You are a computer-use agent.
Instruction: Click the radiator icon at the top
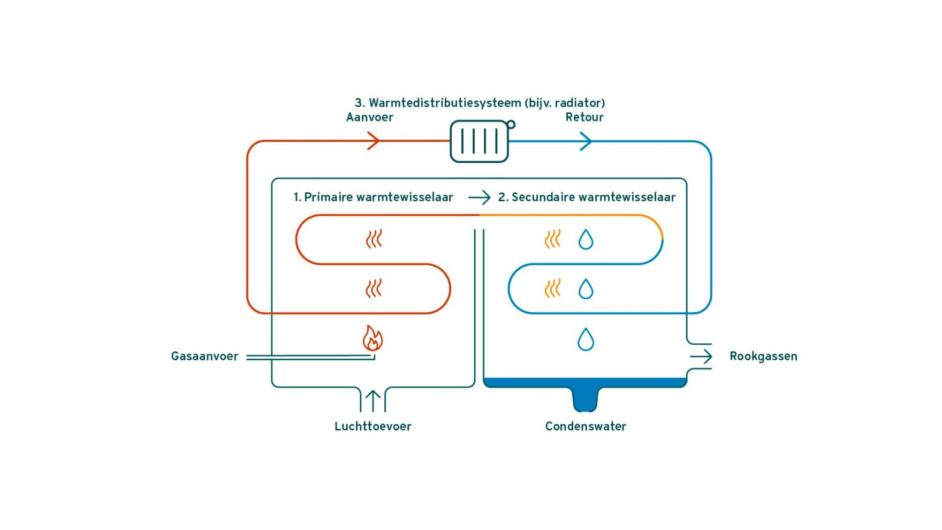click(478, 141)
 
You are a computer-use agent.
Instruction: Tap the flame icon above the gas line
click(373, 338)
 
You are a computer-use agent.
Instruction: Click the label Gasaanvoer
click(204, 356)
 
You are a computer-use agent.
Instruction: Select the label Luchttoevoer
click(373, 426)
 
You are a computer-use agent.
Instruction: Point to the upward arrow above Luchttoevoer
click(373, 400)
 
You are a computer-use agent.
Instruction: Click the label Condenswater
click(586, 426)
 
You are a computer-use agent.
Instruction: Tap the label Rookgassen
click(763, 356)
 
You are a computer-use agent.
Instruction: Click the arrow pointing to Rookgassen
click(701, 356)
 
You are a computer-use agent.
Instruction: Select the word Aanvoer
click(369, 117)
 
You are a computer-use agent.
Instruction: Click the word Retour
click(584, 117)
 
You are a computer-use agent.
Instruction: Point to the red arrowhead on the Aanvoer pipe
click(374, 141)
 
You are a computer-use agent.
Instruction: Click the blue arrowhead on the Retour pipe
click(587, 141)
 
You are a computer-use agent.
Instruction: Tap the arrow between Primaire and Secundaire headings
click(479, 197)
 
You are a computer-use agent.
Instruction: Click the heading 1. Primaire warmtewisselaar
click(373, 197)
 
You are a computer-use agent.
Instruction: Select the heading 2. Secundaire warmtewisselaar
click(587, 197)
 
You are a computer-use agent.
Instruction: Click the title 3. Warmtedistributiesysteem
click(480, 102)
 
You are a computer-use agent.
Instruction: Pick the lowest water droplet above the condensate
click(586, 339)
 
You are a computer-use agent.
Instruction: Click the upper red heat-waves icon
click(374, 239)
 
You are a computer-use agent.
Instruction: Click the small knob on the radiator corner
click(511, 124)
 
